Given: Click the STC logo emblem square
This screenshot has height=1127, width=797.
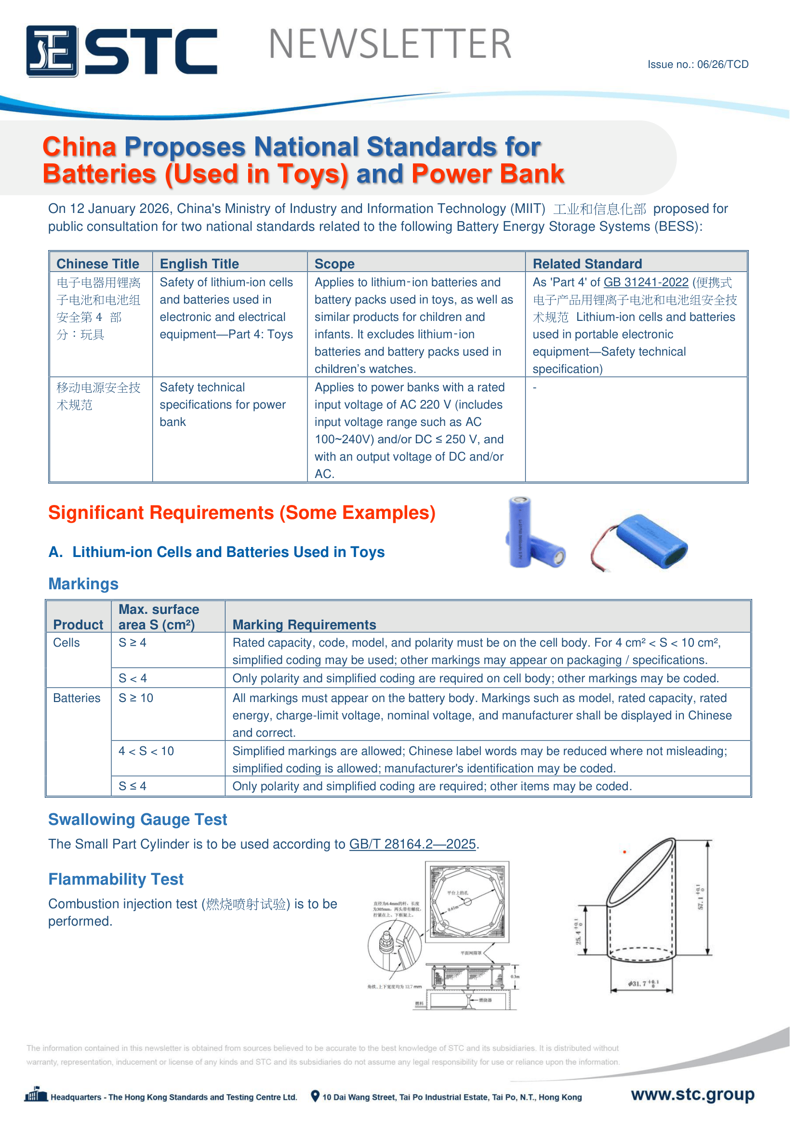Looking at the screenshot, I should click(x=52, y=51).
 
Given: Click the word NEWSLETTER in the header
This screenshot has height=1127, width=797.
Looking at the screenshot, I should click(x=390, y=44).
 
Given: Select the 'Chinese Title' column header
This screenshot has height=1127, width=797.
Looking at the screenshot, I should click(x=98, y=264).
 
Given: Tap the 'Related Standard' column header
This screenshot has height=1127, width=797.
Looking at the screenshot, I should click(x=587, y=264).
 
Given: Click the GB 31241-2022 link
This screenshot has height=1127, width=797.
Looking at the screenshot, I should click(x=645, y=282).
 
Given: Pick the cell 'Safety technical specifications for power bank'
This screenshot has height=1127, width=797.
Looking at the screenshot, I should click(x=222, y=404).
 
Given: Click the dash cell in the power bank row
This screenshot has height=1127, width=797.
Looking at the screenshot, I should click(x=535, y=388).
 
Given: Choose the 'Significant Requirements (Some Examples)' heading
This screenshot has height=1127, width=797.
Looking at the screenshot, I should click(x=241, y=513).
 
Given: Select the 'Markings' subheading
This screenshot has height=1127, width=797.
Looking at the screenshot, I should click(x=83, y=583).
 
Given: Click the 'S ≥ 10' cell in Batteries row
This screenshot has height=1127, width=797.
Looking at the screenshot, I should click(x=136, y=698).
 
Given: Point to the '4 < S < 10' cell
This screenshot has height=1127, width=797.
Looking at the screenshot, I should click(x=146, y=751).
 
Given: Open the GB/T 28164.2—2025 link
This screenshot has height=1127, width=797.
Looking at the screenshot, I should click(x=412, y=844).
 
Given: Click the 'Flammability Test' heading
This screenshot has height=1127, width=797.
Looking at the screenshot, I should click(x=116, y=879).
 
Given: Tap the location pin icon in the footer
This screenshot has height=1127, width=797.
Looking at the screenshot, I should click(x=315, y=1096).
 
